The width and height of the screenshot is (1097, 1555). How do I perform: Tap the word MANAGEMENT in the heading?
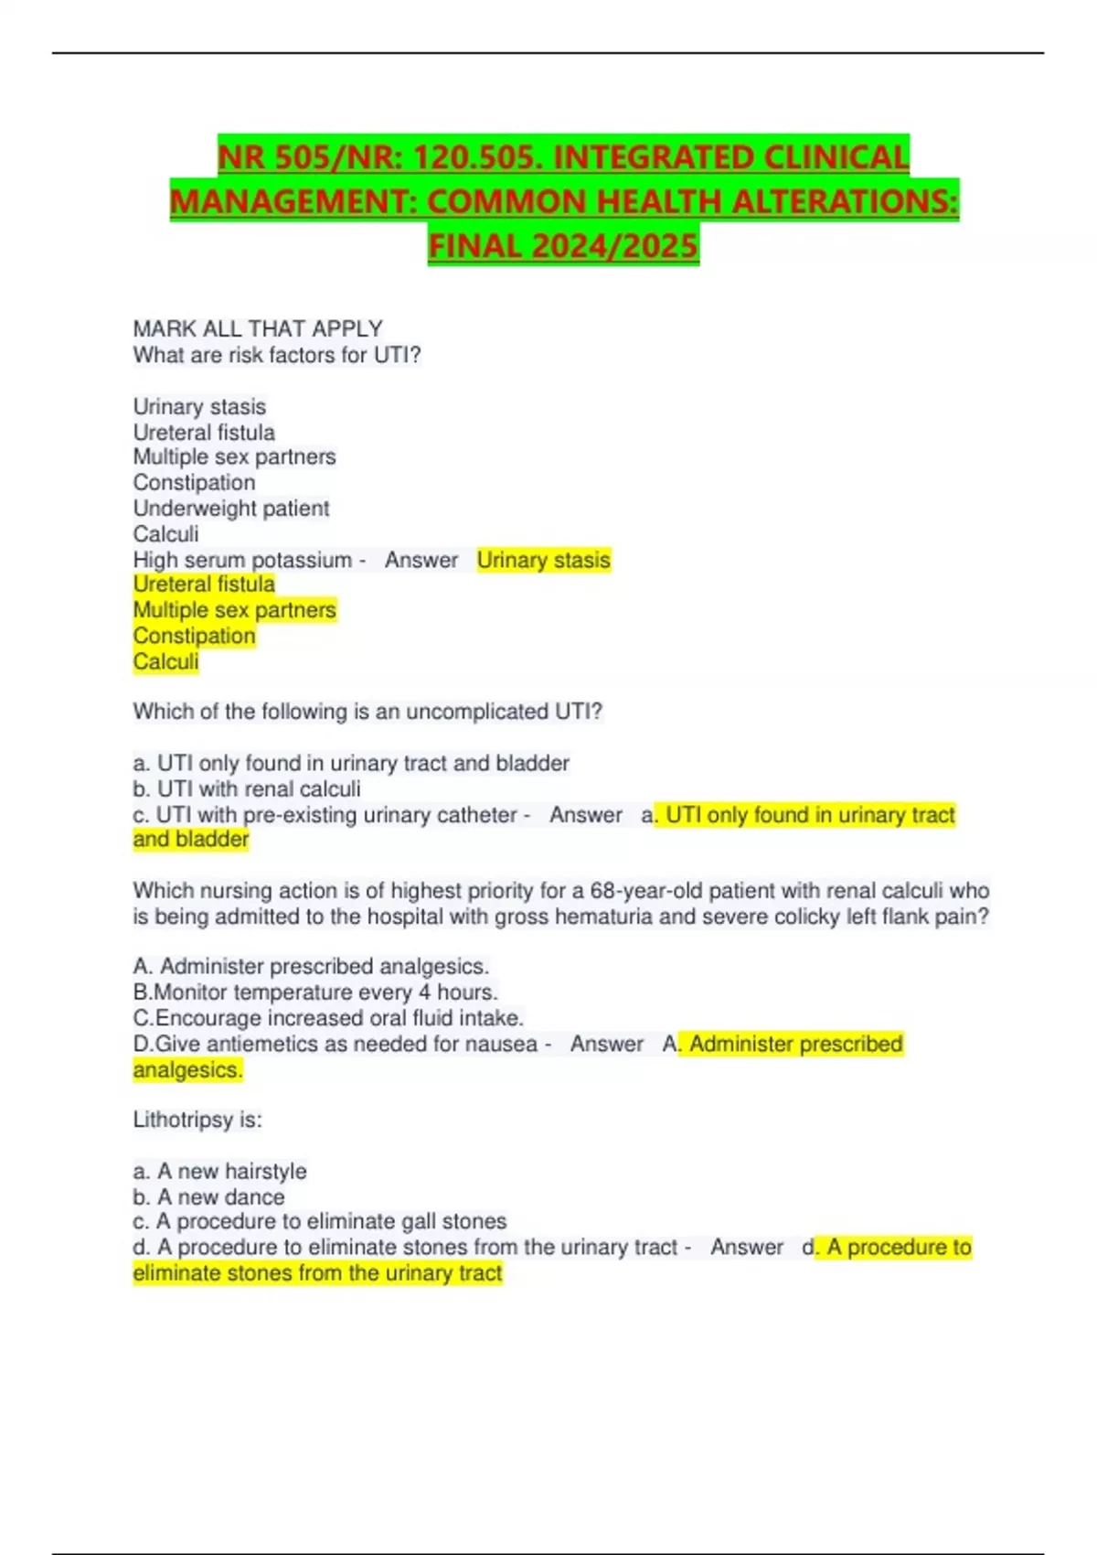click(x=293, y=201)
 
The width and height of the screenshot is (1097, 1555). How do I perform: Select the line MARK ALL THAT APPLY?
click(x=258, y=328)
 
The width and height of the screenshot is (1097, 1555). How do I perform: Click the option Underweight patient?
click(x=231, y=509)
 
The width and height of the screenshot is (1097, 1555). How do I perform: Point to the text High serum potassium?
click(x=242, y=560)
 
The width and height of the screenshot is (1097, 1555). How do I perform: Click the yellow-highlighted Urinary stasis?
click(x=543, y=560)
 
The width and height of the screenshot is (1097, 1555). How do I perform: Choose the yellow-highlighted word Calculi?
click(x=165, y=661)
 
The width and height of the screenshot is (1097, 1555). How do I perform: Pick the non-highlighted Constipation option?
click(x=194, y=483)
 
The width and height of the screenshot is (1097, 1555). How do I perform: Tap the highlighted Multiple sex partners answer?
click(x=235, y=610)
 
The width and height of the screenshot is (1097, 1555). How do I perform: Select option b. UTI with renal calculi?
click(x=247, y=788)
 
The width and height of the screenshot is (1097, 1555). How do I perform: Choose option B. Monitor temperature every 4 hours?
click(x=315, y=992)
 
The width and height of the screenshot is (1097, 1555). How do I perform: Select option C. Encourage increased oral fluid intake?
click(x=328, y=1018)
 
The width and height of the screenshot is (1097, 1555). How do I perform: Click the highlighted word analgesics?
click(x=187, y=1069)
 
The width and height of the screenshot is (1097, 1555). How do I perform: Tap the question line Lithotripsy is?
click(x=197, y=1120)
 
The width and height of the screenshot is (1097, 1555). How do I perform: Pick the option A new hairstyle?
click(x=220, y=1171)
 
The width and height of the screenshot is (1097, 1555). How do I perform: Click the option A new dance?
click(x=208, y=1196)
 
